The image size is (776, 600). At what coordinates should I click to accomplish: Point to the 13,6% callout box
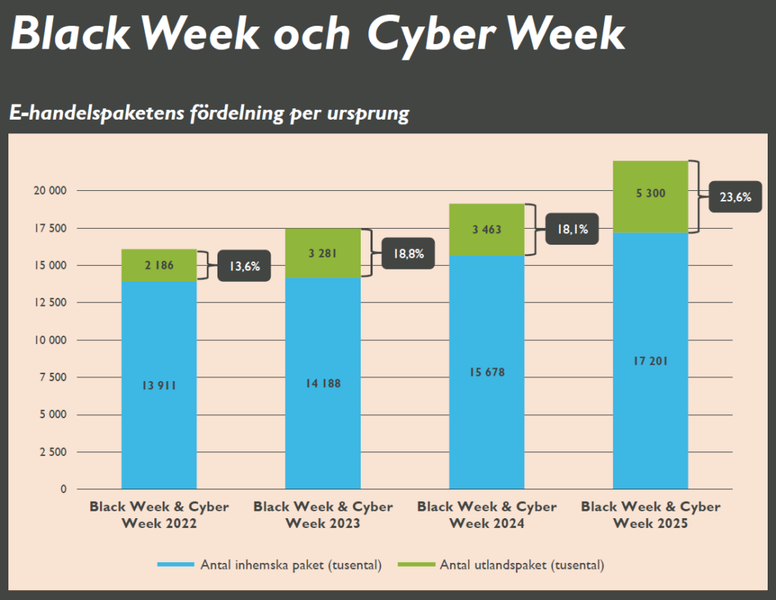click(244, 267)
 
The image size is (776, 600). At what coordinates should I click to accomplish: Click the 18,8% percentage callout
click(408, 254)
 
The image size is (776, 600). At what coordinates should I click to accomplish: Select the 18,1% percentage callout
click(572, 229)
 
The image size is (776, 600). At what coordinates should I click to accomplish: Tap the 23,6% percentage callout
click(735, 197)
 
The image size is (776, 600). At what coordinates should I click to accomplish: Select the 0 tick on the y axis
click(64, 489)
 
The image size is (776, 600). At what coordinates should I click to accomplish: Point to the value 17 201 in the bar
click(650, 361)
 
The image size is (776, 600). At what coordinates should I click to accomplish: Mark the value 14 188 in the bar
click(323, 383)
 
